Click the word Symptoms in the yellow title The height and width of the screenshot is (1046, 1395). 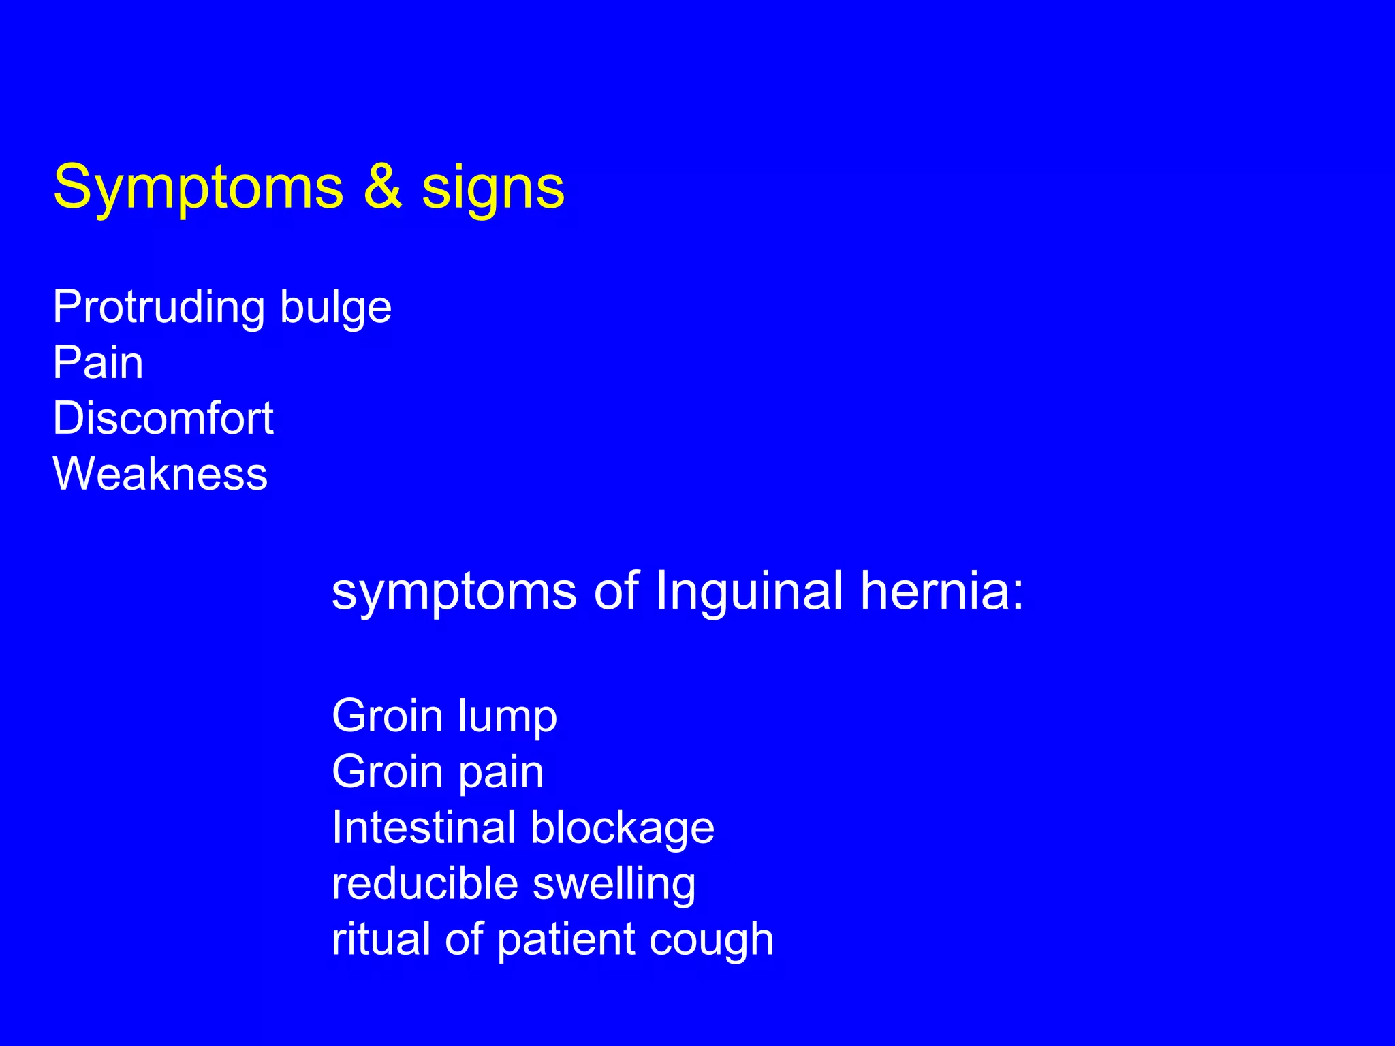click(198, 189)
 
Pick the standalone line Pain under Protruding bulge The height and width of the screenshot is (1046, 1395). click(98, 362)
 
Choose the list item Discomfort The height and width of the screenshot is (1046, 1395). click(163, 418)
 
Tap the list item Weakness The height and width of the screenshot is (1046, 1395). click(160, 474)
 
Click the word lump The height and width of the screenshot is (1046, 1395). click(507, 717)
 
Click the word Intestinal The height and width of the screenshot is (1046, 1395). click(423, 827)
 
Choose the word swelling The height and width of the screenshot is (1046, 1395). click(614, 885)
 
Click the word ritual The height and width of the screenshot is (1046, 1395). click(381, 939)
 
